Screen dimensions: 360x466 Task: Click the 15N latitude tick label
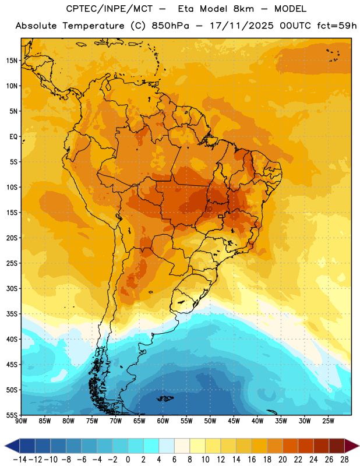[12, 61]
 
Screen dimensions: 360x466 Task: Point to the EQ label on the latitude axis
[13, 137]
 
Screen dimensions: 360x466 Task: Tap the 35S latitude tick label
[12, 314]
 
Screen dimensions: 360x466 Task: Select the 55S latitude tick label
[12, 415]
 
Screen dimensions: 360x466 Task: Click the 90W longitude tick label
[21, 421]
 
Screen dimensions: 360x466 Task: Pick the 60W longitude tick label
[163, 421]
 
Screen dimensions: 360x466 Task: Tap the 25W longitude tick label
[328, 421]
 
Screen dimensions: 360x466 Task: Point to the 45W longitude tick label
[234, 421]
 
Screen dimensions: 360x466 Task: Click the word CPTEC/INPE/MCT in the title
[109, 9]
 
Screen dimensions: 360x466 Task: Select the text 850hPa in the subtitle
[170, 26]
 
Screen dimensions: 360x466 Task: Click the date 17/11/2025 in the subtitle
[242, 26]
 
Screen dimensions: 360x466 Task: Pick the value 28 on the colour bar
[344, 460]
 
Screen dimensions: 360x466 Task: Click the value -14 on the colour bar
[20, 460]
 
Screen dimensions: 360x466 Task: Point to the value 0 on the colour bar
[128, 460]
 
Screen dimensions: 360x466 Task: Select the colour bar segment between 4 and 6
[167, 446]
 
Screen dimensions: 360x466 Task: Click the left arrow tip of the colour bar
[5, 446]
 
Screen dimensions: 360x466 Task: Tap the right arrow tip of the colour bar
[359, 446]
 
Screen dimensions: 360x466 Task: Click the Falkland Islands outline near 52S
[165, 398]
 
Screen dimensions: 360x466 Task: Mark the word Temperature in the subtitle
[93, 26]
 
